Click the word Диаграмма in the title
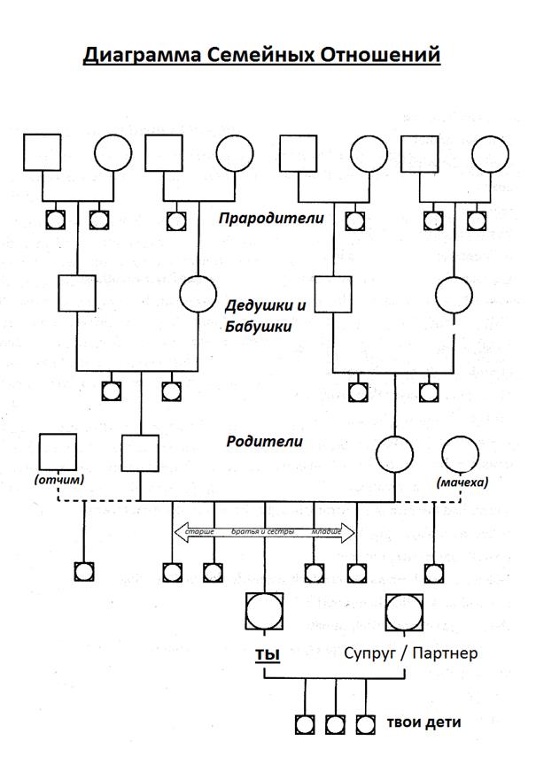tap(137, 55)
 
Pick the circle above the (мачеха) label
tap(460, 454)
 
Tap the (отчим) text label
tap(58, 481)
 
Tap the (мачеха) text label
tap(462, 482)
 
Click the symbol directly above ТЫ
tap(264, 611)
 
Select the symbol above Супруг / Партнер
tap(405, 611)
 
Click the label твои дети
tap(423, 722)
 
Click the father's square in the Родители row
tap(140, 453)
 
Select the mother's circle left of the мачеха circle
tap(394, 453)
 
